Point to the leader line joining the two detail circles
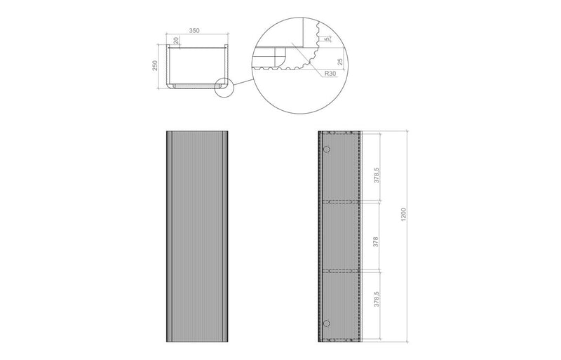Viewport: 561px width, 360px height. click(x=243, y=80)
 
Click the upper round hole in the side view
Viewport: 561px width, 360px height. click(x=326, y=149)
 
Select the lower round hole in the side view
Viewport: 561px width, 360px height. click(x=326, y=322)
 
